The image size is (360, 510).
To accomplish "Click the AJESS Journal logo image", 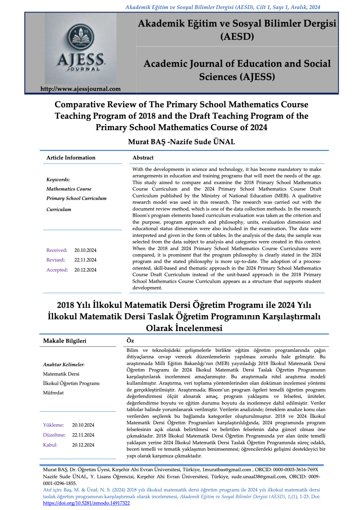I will click(81, 48).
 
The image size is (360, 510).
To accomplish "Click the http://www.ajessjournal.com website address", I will click(80, 89).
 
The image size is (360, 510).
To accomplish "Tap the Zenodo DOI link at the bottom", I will click(86, 503).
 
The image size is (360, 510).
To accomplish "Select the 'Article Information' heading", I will click(71, 158).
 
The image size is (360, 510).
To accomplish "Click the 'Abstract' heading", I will click(143, 158).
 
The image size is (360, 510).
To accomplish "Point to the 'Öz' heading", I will click(130, 341).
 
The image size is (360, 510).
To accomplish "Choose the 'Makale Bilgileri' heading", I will click(65, 341).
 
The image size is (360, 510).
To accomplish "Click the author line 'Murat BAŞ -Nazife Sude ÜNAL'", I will click(181, 142).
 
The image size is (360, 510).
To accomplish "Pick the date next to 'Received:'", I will click(85, 250).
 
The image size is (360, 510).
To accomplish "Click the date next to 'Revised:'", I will click(85, 260).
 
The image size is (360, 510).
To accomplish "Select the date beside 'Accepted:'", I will click(85, 270).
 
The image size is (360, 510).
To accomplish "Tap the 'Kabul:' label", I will click(50, 445).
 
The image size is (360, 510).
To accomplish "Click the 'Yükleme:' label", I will click(53, 425).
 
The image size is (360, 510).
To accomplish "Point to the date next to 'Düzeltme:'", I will click(83, 435).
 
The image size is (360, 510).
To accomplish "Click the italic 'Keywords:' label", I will click(58, 180).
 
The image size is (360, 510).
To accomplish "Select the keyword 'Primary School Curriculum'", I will click(76, 198).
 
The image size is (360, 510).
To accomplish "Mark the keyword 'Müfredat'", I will click(53, 393).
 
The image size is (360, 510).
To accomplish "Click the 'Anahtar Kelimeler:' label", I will click(64, 365).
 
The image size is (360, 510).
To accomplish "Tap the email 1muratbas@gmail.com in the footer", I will click(227, 470).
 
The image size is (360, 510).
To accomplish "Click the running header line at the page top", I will click(223, 7).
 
